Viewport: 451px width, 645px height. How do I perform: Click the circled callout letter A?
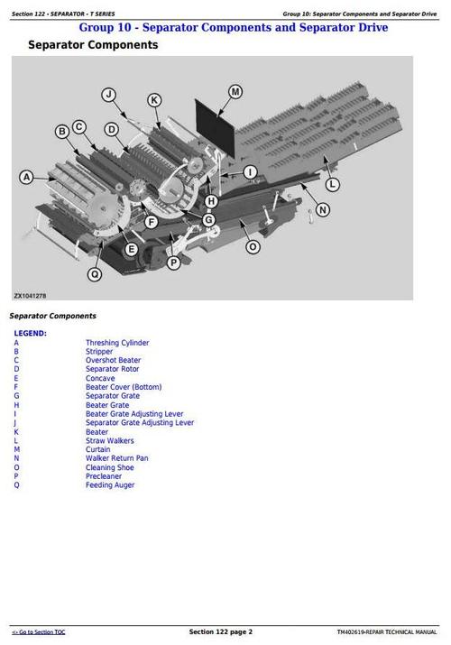pyautogui.click(x=27, y=178)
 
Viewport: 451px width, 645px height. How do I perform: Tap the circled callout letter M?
pyautogui.click(x=235, y=91)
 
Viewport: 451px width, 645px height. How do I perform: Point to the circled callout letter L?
pyautogui.click(x=332, y=184)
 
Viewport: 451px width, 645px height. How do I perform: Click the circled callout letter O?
pyautogui.click(x=253, y=246)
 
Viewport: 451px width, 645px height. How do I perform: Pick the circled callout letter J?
pyautogui.click(x=109, y=94)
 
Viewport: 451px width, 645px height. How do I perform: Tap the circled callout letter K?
pyautogui.click(x=154, y=100)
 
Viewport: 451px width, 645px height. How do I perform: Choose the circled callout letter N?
pyautogui.click(x=323, y=209)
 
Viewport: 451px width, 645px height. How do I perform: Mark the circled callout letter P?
pyautogui.click(x=173, y=263)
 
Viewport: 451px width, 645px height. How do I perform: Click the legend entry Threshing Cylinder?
pyautogui.click(x=117, y=343)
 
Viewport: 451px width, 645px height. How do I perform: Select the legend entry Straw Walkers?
pyautogui.click(x=110, y=441)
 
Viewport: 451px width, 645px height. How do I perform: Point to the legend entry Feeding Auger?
pyautogui.click(x=110, y=485)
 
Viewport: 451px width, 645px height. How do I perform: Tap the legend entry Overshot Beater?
pyautogui.click(x=114, y=361)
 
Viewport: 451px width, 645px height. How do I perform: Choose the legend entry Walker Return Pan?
pyautogui.click(x=117, y=458)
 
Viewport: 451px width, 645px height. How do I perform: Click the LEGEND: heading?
pyautogui.click(x=30, y=333)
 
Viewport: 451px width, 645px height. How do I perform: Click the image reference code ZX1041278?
pyautogui.click(x=30, y=294)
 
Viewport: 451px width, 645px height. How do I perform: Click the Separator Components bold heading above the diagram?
pyautogui.click(x=93, y=45)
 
